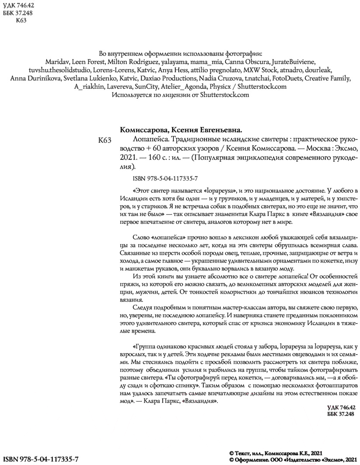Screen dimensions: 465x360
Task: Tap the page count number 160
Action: click(x=156, y=157)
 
